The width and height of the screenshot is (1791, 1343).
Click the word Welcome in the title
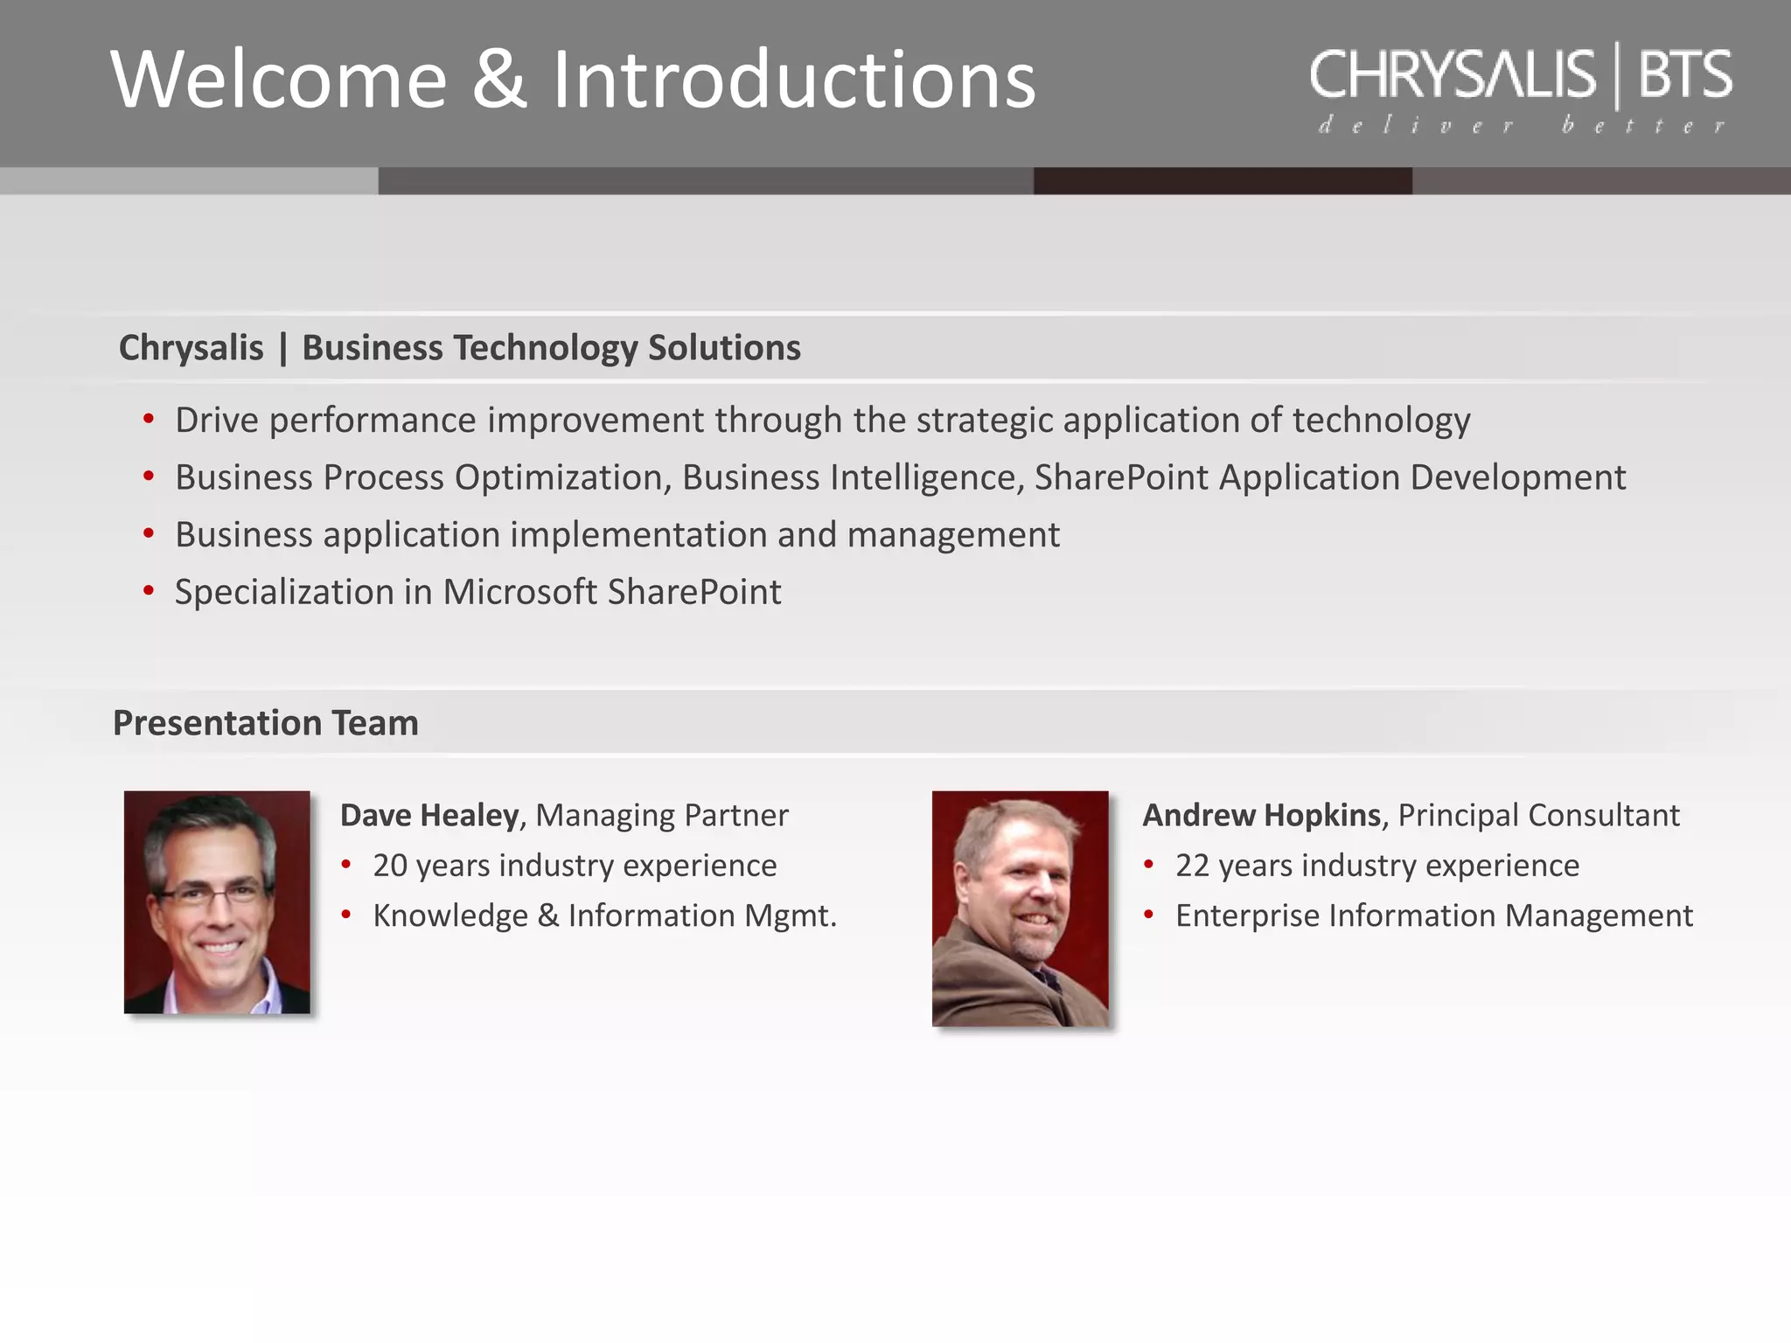click(278, 80)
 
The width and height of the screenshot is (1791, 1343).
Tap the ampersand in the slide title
click(499, 80)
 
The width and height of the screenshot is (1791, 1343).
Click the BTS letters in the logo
click(1684, 75)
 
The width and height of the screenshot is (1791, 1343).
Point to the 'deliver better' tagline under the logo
click(1522, 126)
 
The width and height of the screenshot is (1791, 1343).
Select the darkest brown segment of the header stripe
click(1222, 181)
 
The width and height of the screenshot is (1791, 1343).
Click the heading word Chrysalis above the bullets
click(191, 348)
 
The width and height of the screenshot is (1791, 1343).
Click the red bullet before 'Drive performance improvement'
click(149, 420)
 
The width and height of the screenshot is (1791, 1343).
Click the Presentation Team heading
click(266, 723)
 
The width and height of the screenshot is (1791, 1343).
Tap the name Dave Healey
click(429, 815)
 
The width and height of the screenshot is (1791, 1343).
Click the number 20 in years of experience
click(390, 866)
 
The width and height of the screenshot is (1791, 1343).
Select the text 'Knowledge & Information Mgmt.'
click(604, 915)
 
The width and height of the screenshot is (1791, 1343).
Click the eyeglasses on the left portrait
click(210, 894)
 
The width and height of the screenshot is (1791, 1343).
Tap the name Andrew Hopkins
click(1261, 815)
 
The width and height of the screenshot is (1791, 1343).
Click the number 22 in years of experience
click(1192, 866)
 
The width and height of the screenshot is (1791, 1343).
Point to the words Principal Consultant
click(1538, 815)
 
